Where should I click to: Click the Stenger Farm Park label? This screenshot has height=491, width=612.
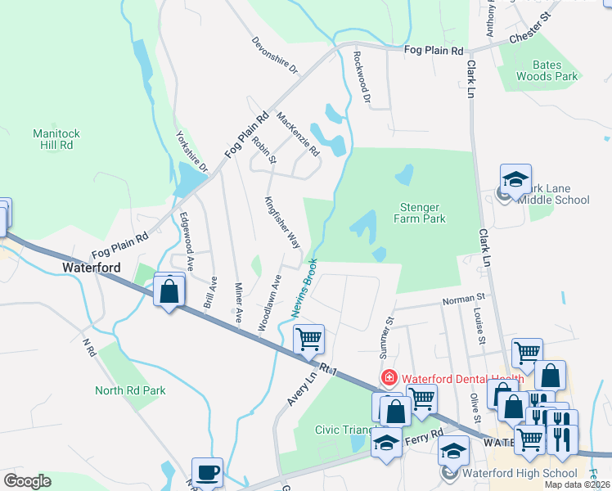422,213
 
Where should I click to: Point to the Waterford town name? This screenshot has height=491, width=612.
92,268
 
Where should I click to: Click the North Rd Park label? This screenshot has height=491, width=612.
130,390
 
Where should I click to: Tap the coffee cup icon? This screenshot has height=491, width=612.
207,472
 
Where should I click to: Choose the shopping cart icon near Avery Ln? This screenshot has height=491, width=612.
308,338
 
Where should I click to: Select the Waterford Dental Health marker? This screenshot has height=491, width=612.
389,378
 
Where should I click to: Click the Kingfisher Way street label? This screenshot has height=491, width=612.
282,222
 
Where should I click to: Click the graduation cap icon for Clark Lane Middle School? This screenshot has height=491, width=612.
515,179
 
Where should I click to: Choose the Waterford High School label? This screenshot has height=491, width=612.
520,473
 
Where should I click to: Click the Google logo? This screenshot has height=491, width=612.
27,481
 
